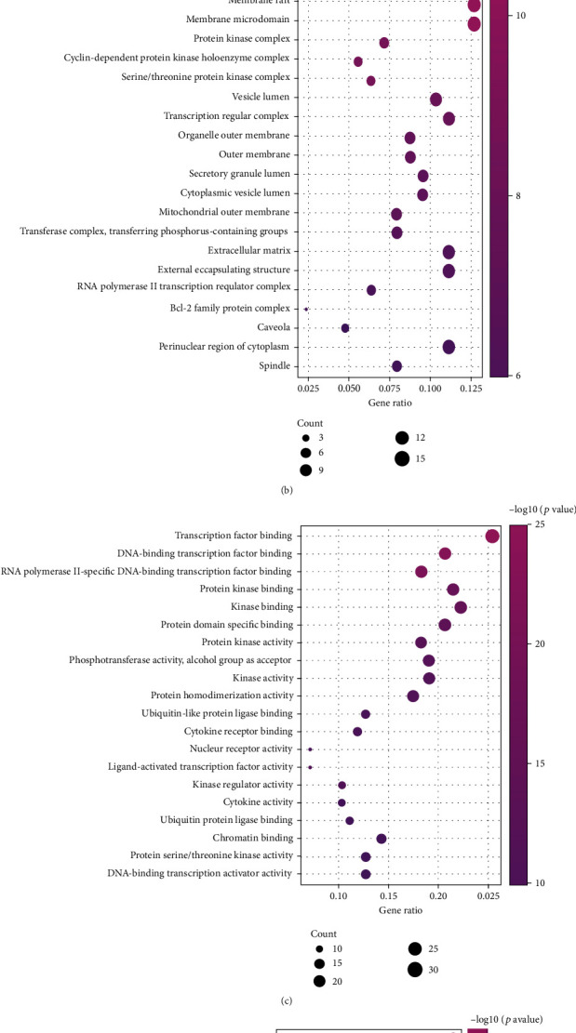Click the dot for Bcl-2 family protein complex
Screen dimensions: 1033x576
tap(306, 309)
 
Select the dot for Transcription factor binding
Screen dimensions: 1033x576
tap(492, 536)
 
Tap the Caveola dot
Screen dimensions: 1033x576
tap(345, 328)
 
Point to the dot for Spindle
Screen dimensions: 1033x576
tap(396, 366)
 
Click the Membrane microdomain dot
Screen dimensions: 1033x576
tap(474, 23)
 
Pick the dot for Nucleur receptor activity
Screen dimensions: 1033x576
tap(310, 749)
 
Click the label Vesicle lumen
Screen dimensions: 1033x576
tap(260, 97)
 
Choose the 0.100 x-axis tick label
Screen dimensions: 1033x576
tap(430, 387)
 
